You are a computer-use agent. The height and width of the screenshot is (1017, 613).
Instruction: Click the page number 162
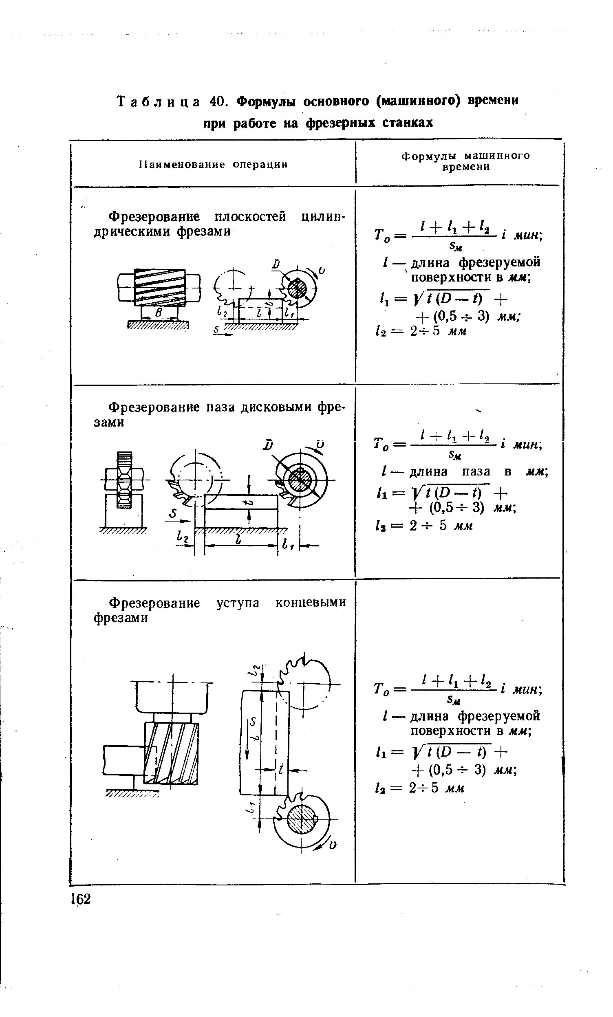click(x=81, y=898)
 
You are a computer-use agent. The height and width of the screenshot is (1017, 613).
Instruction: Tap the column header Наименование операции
click(x=213, y=165)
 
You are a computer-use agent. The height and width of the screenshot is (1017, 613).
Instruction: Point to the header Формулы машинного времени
click(x=465, y=161)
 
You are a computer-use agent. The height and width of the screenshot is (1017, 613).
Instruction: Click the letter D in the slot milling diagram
click(x=269, y=445)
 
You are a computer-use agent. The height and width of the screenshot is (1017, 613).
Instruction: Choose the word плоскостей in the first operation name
click(x=251, y=217)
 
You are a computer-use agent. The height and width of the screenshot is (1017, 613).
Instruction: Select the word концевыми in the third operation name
click(x=311, y=603)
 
